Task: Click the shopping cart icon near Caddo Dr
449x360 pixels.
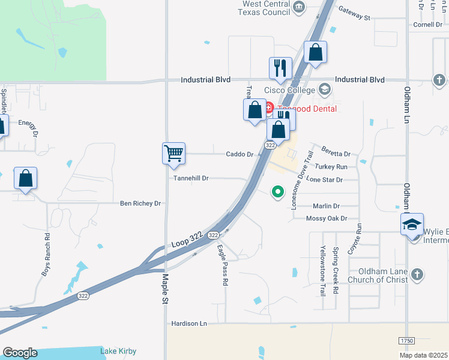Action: (173, 153)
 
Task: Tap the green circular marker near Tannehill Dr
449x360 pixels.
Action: (277, 192)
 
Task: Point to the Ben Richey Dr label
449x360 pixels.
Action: (140, 203)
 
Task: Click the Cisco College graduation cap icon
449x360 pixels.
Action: (325, 90)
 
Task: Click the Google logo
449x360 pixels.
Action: (20, 353)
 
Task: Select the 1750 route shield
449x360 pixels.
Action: (406, 340)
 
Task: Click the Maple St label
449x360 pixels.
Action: (165, 289)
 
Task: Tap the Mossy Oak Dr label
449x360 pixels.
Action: (327, 218)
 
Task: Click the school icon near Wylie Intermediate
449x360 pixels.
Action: (412, 224)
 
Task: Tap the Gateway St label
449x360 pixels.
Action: (354, 13)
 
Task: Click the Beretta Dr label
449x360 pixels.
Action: (336, 151)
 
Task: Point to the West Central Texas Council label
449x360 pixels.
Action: (266, 8)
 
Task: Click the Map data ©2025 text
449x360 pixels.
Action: (424, 355)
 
